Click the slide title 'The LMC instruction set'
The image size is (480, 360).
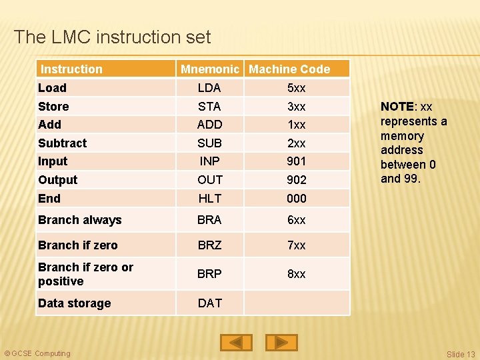pos(112,37)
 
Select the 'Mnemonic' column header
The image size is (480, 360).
pos(209,69)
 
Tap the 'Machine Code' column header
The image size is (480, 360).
pos(289,69)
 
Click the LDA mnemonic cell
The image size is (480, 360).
pos(209,88)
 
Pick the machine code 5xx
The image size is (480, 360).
pos(296,88)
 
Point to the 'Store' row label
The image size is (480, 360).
pos(53,107)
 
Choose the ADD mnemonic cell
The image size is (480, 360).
pos(209,125)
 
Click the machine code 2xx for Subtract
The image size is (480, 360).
pos(296,143)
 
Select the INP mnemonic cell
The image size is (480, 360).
pos(209,161)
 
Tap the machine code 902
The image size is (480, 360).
pos(296,180)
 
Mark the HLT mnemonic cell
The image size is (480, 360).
pos(209,199)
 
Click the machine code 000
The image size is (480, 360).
pos(296,199)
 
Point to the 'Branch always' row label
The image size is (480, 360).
pos(79,220)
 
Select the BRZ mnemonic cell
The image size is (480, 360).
pos(209,245)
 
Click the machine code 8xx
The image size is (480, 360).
pos(296,274)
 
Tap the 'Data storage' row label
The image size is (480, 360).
pos(74,303)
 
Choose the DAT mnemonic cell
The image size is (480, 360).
pos(209,303)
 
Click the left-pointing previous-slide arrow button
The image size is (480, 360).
pos(237,342)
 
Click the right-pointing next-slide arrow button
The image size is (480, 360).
pos(281,342)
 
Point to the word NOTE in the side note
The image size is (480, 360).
pos(397,107)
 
